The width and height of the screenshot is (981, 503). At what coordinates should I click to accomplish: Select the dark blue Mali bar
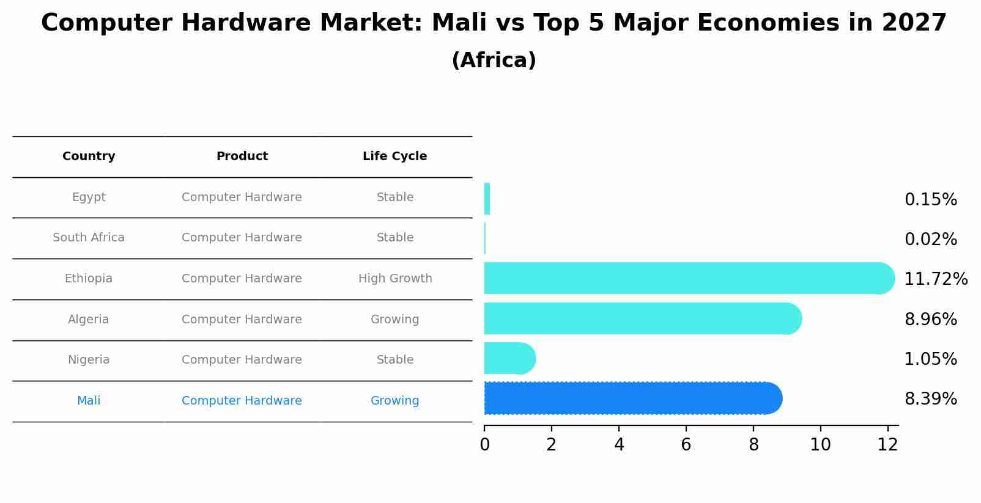[x=630, y=398]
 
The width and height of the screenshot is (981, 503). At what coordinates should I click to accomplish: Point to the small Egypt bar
[x=487, y=199]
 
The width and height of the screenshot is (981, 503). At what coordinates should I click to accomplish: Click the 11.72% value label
[x=935, y=279]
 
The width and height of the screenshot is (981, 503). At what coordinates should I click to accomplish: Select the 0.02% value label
[x=930, y=240]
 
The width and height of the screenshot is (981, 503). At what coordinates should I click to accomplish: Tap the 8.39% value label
[x=930, y=399]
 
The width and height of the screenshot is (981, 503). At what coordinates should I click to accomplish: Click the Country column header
[x=89, y=156]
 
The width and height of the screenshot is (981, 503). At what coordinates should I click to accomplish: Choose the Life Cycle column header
[x=394, y=156]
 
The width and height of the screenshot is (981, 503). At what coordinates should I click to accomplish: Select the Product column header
[x=242, y=156]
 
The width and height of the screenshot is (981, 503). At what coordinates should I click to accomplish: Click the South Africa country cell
[x=89, y=238]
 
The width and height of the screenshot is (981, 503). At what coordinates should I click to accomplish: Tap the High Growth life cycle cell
[x=395, y=279]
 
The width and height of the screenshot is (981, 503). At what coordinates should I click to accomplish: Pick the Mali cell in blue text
[x=89, y=401]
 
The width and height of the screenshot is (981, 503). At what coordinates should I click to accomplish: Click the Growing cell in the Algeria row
[x=394, y=320]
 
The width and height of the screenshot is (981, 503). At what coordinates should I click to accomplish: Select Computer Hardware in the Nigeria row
[x=242, y=360]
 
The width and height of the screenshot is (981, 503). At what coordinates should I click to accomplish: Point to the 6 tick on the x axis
[x=686, y=445]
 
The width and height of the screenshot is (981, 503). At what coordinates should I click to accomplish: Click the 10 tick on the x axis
[x=820, y=445]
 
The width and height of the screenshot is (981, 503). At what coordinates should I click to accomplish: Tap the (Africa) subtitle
[x=494, y=61]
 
